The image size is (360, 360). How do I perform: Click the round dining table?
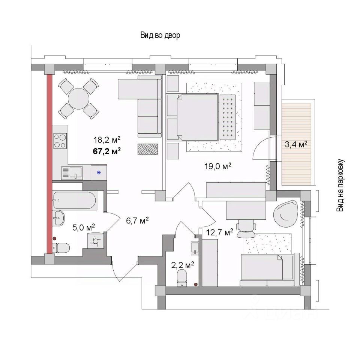(78, 99)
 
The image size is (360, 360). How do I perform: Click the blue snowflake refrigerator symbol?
(99, 172)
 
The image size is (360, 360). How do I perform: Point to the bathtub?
(74, 200)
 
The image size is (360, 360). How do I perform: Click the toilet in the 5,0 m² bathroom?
(61, 248)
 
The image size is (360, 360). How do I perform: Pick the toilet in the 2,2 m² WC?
(182, 278)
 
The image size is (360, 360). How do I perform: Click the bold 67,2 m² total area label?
(107, 151)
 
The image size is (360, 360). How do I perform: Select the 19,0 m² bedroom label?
(217, 166)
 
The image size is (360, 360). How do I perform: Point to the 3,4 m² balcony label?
(296, 145)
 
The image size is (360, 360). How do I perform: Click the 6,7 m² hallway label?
(137, 220)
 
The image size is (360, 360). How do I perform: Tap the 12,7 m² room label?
(219, 232)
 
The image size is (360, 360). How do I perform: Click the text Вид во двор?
(160, 35)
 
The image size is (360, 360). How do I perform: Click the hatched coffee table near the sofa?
(148, 149)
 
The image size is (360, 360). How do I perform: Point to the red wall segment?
(49, 164)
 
